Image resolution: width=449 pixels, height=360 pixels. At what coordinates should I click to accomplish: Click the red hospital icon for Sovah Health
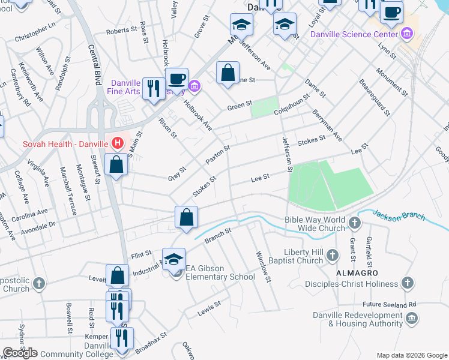click(118, 143)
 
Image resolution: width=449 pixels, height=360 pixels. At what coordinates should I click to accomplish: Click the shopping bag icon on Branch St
click(186, 217)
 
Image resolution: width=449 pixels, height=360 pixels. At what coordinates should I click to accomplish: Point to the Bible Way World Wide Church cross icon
click(355, 224)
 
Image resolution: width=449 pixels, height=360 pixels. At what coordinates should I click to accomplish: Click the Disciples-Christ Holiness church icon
click(408, 282)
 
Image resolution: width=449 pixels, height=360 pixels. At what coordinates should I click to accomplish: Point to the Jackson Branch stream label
click(398, 215)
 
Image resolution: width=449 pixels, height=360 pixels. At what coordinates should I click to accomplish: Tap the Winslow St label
click(264, 266)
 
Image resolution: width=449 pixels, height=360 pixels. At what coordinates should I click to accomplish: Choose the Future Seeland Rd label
click(388, 304)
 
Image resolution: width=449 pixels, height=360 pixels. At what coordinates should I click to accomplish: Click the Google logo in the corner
click(20, 353)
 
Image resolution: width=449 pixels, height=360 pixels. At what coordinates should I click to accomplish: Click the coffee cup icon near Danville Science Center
click(391, 12)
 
